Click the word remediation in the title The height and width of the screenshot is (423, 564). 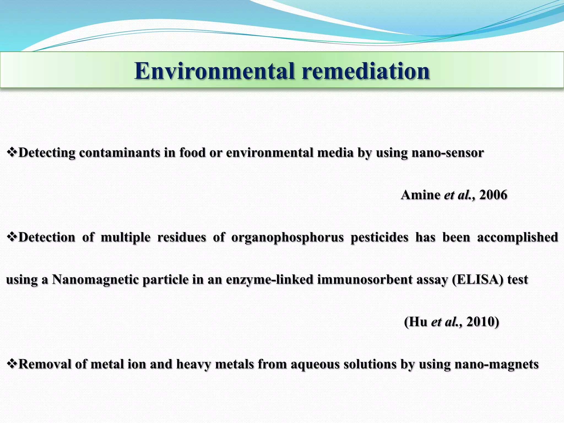[x=366, y=71]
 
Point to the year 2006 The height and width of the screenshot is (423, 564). [x=493, y=195]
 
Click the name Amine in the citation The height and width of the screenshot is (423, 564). [x=420, y=195]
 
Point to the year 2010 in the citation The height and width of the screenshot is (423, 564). [x=482, y=322]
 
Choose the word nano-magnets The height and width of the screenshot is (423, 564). [x=496, y=364]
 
